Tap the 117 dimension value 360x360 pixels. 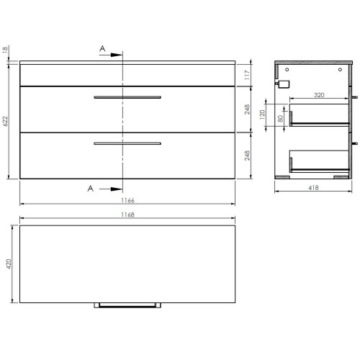point(247,73)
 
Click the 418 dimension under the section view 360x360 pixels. point(314,189)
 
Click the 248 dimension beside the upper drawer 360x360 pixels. point(247,109)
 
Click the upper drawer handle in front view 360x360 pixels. point(127,96)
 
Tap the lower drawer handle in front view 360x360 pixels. point(127,144)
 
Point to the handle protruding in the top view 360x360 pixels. point(127,305)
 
